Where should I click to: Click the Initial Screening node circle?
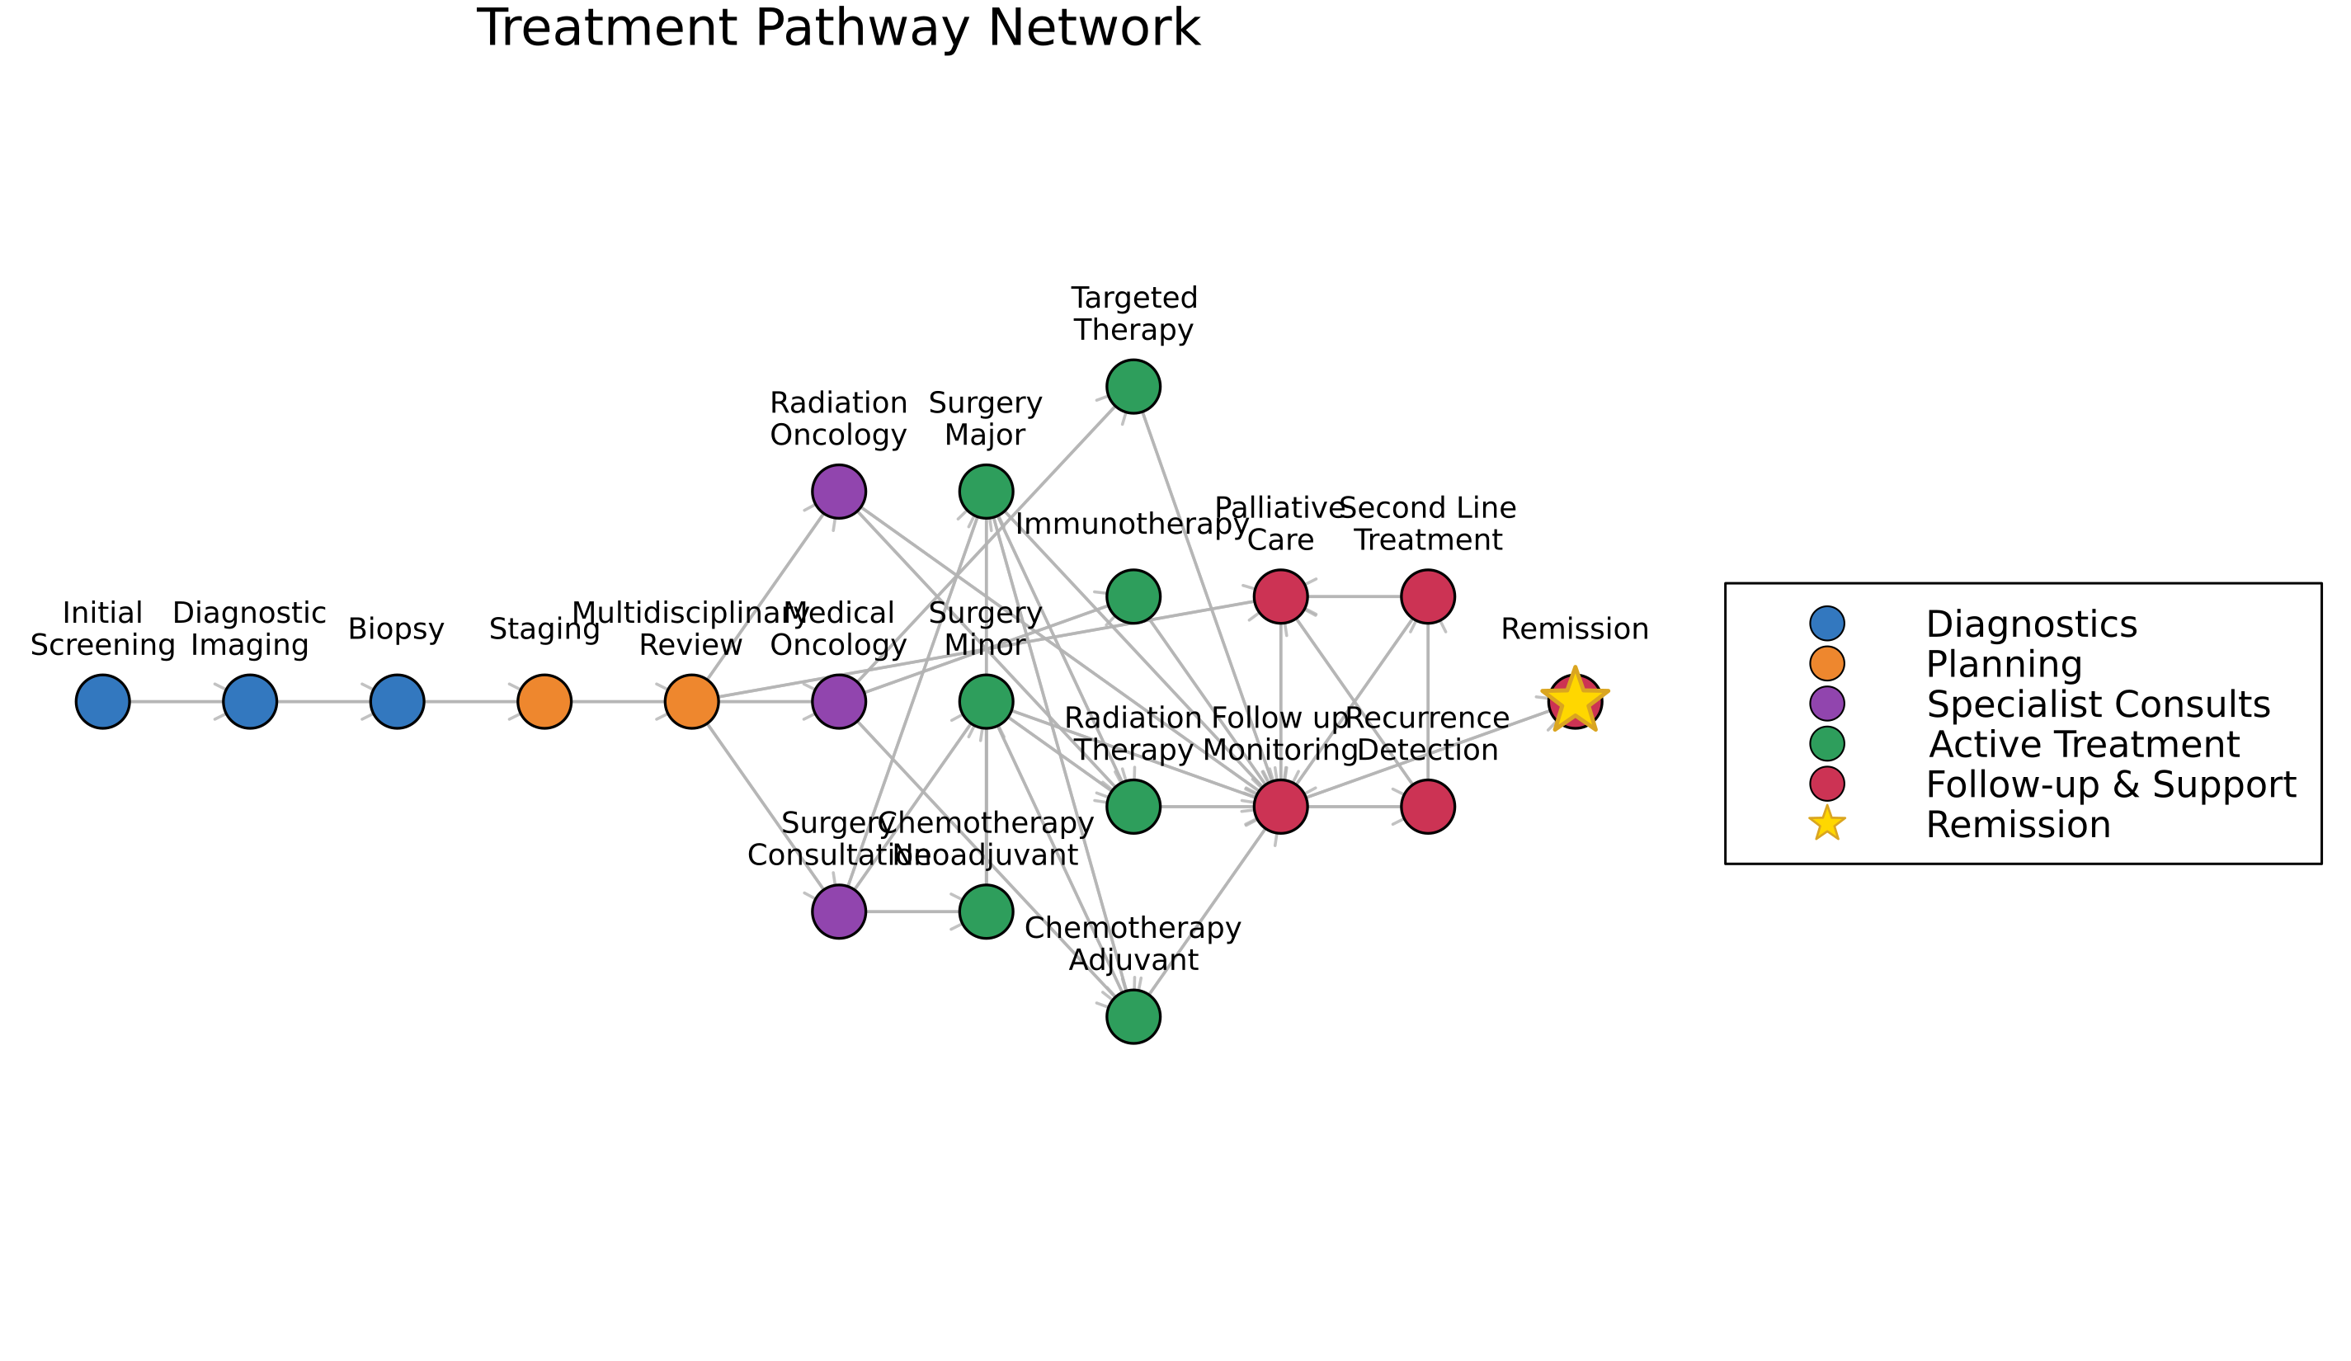(x=102, y=701)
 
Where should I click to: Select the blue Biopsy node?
(x=398, y=701)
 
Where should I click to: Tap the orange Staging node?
(x=544, y=701)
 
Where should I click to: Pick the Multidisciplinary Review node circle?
(x=692, y=701)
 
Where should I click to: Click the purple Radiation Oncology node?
(x=839, y=492)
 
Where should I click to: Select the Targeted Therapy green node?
(x=1133, y=386)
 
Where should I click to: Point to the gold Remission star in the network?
(x=1575, y=700)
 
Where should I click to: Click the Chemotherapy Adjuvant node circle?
(x=1133, y=1017)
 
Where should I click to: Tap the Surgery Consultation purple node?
(x=839, y=911)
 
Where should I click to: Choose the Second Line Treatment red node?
(x=1428, y=596)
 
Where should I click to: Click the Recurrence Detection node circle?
(x=1428, y=806)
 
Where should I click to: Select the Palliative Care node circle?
(x=1281, y=596)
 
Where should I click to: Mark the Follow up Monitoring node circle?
(x=1281, y=806)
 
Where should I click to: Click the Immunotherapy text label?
(x=1132, y=525)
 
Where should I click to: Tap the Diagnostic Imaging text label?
(x=249, y=629)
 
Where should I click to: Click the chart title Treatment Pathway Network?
(x=838, y=28)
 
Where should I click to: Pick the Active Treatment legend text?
(x=2085, y=744)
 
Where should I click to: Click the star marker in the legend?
(x=1826, y=824)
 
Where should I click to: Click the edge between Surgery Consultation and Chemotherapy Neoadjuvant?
(x=912, y=911)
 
